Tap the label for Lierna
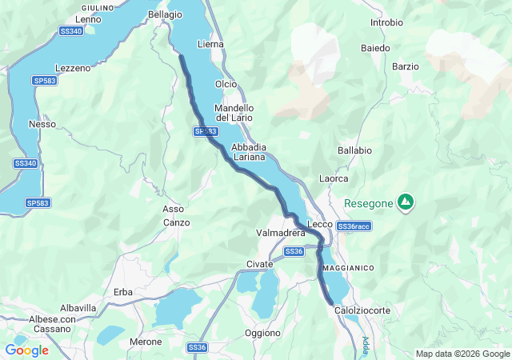tap(210, 44)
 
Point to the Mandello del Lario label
tap(234, 113)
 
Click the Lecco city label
tap(320, 225)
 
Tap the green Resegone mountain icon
tap(406, 202)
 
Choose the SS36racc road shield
tap(354, 226)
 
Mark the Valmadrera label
tap(281, 233)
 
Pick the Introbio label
tap(386, 22)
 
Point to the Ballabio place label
tap(354, 150)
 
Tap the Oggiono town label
tap(262, 332)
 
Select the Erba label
tap(123, 291)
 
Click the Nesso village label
tap(42, 124)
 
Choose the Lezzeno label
tap(73, 68)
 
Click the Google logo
tap(26, 350)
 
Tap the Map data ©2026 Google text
tap(462, 354)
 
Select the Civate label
tap(260, 264)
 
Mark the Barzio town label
tap(406, 66)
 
